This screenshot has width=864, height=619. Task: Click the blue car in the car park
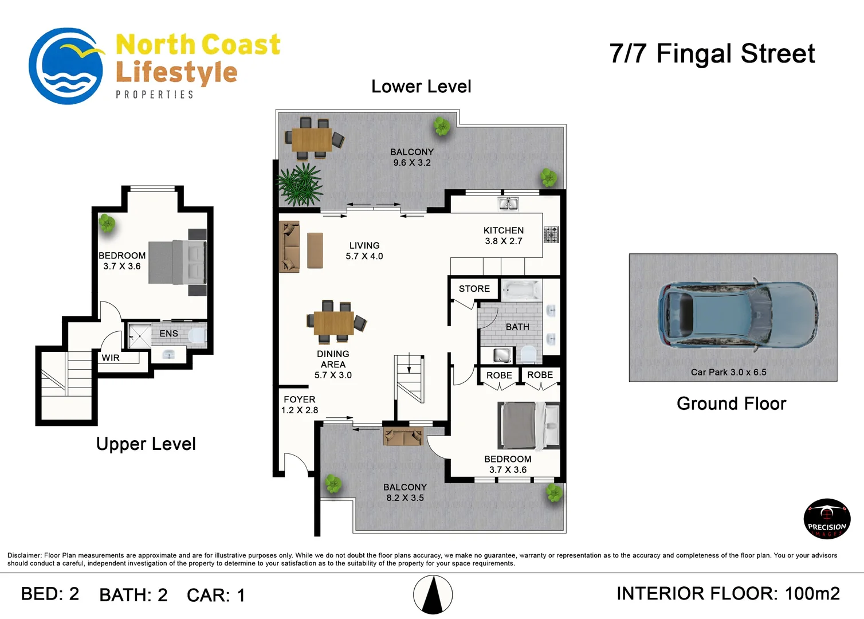point(737,315)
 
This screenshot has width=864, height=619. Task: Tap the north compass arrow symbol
point(433,594)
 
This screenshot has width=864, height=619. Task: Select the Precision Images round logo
point(827,519)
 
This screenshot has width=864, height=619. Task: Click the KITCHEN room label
point(504,230)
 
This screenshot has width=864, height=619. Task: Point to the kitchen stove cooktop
point(551,234)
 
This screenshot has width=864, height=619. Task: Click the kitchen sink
point(508,203)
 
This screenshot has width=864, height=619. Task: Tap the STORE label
point(474,289)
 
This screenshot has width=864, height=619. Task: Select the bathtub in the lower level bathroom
point(521,289)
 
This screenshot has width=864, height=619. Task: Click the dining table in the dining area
point(333,323)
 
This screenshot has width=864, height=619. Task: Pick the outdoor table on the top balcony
point(312,139)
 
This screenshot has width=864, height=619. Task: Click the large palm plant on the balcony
point(300,184)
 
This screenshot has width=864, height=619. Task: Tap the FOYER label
point(299,399)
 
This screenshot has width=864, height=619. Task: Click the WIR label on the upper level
point(111,358)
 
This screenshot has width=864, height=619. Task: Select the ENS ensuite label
point(168,334)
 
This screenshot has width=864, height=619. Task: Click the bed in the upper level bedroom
point(178,262)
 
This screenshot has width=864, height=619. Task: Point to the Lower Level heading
point(421,87)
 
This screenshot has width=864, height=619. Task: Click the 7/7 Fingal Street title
point(712,53)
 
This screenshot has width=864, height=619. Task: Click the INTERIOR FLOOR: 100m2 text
point(728,594)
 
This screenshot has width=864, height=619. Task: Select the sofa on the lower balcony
point(403,436)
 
